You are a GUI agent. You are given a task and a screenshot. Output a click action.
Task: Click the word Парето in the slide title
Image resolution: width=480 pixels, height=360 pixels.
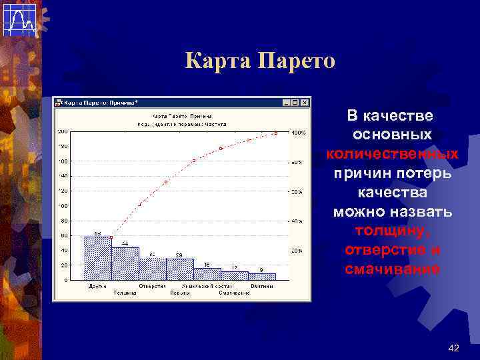click(293, 62)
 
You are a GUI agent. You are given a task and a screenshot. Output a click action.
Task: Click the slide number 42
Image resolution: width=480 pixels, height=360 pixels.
click(454, 348)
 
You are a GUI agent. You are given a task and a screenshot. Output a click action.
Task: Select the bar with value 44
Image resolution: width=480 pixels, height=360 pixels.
click(125, 263)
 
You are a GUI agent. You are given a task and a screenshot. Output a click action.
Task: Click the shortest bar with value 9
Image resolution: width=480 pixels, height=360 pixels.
click(262, 276)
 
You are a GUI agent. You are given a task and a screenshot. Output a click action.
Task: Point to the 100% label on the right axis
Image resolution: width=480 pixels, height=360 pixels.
click(298, 133)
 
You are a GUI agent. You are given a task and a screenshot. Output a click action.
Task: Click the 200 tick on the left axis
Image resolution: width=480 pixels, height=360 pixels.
click(62, 131)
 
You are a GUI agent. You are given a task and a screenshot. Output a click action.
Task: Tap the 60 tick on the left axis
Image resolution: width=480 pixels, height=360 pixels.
click(64, 235)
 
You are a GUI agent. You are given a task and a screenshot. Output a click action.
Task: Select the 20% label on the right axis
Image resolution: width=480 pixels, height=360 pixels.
click(297, 251)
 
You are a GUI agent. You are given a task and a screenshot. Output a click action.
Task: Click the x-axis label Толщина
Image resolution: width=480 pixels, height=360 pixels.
click(124, 292)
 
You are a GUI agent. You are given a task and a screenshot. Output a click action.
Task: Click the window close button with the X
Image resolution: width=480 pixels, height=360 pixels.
click(305, 103)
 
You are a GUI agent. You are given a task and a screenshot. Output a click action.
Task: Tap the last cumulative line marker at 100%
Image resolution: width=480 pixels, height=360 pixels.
click(275, 133)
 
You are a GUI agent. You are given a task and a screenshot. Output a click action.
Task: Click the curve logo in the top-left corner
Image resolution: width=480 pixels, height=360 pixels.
click(19, 19)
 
